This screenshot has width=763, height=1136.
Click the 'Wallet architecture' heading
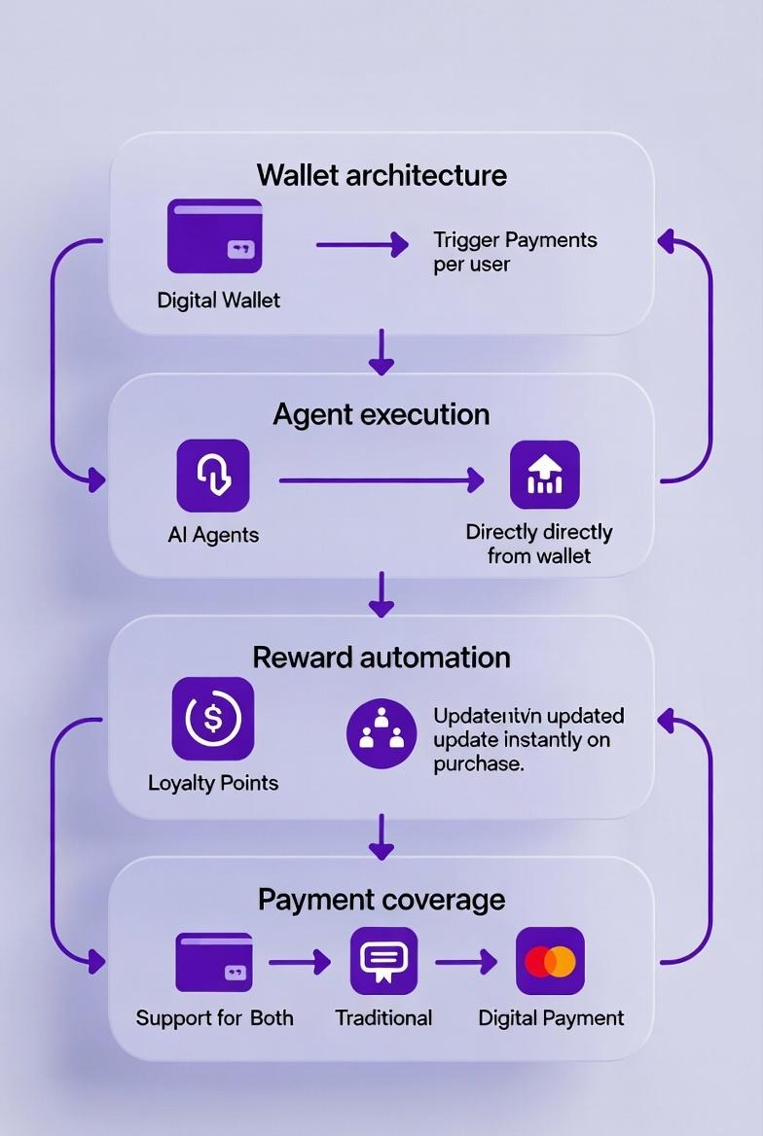(381, 176)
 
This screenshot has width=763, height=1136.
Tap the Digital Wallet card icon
(215, 236)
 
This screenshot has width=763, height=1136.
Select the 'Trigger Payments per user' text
(515, 252)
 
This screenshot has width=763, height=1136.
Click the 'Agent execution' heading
(381, 414)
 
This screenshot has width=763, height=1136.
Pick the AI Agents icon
(213, 476)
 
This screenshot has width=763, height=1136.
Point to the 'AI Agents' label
(213, 535)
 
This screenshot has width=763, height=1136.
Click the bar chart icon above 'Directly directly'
(545, 475)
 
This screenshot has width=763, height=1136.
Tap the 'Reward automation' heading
(381, 657)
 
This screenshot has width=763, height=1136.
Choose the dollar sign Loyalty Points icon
(213, 719)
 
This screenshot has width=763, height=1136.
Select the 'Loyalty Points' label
(213, 783)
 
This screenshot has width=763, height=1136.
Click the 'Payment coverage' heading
(381, 900)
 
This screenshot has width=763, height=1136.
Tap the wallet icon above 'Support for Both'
(214, 962)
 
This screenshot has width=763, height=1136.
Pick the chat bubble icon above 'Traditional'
(383, 961)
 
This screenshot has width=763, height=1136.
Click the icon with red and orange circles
(550, 962)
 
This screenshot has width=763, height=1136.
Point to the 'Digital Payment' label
(551, 1018)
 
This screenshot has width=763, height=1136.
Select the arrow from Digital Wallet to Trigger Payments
(361, 244)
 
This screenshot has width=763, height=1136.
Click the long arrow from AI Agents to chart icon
(381, 479)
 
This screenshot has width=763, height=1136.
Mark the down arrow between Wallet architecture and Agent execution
(381, 352)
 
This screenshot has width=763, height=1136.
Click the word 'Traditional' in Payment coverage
(383, 1018)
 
